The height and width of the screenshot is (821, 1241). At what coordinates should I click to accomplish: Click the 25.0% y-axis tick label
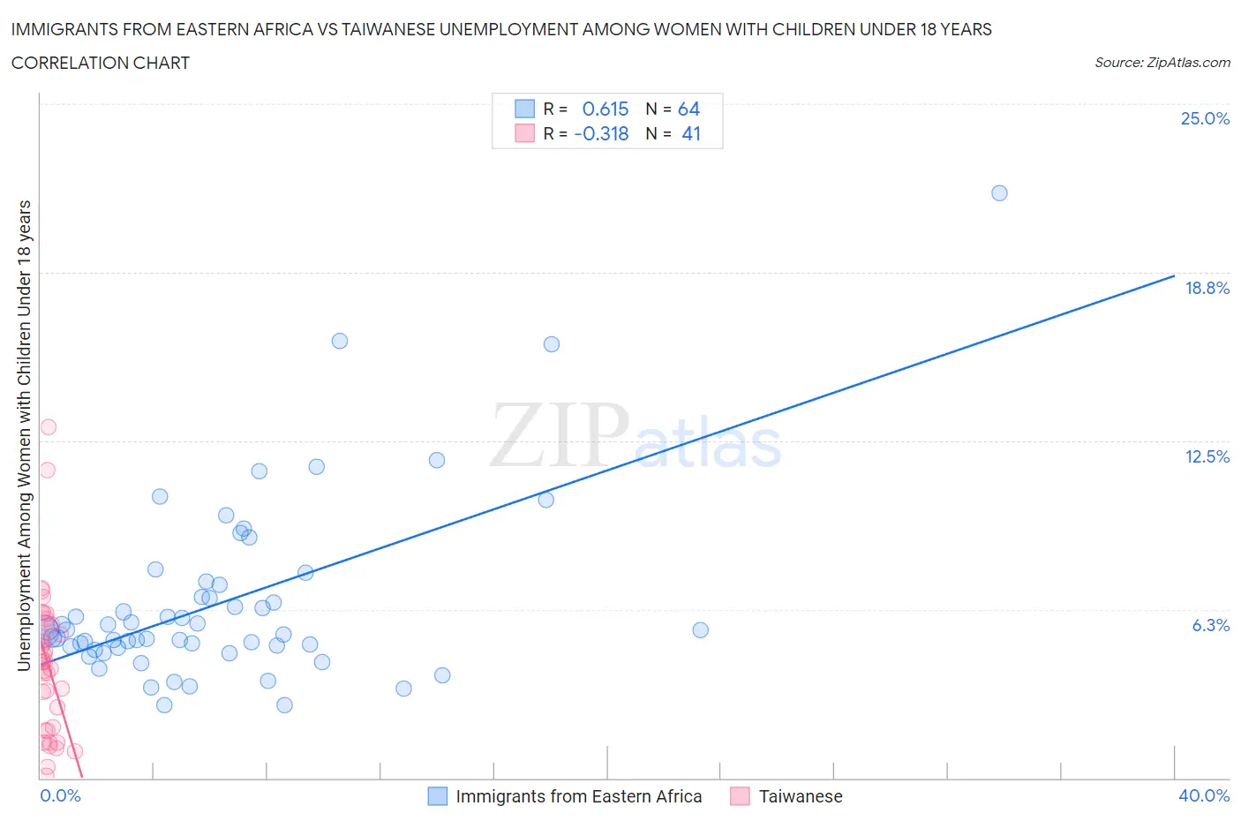coord(1205,118)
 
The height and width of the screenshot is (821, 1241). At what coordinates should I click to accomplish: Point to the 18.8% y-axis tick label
coord(1207,288)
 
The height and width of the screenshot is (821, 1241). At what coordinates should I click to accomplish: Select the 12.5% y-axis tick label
coord(1207,456)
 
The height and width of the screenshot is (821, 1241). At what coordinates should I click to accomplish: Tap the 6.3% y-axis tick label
coord(1210,625)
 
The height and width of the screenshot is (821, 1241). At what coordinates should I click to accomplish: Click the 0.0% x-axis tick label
coord(60,795)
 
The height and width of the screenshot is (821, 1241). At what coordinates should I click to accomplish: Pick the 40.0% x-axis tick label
coord(1204,795)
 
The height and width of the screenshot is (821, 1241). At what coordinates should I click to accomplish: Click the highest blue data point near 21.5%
coord(999,193)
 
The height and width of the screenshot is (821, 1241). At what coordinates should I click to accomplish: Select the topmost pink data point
coord(49,427)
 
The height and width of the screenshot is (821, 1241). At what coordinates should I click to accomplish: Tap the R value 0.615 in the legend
coord(605,109)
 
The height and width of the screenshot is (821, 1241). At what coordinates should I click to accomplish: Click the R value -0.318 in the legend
coord(601,133)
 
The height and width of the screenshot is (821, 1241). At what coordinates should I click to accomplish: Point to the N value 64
coord(688,109)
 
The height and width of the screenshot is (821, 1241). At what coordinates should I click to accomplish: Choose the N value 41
coord(691,133)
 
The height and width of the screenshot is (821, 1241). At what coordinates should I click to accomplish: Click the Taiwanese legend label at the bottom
coord(801,796)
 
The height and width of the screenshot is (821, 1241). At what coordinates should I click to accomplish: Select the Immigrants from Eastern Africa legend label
coord(578,796)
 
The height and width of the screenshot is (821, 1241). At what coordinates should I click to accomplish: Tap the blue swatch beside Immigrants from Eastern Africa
coord(438,796)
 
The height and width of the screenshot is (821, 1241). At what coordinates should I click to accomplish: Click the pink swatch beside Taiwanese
coord(740,796)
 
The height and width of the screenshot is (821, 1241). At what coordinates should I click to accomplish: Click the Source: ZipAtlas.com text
coord(1162,62)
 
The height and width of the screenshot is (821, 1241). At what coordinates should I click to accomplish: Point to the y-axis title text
coord(25,435)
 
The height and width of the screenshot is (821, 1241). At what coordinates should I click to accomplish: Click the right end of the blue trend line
coord(1174,276)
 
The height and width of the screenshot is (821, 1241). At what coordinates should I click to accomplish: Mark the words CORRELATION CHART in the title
coord(101,63)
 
